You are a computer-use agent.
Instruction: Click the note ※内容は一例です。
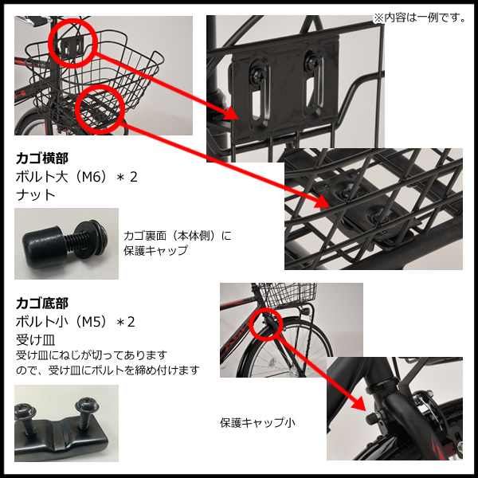click(419, 17)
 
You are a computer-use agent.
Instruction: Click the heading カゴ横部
click(42, 157)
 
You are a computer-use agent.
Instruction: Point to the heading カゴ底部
click(42, 304)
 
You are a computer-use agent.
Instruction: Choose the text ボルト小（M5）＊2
click(76, 322)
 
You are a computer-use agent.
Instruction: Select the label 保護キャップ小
click(257, 422)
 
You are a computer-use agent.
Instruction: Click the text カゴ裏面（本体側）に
click(177, 236)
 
